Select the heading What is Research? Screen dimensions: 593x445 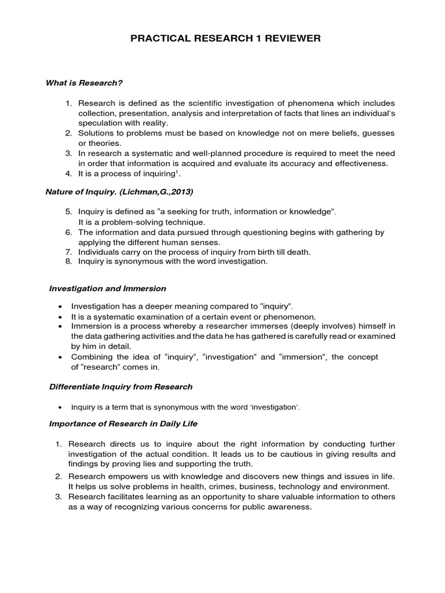(x=79, y=83)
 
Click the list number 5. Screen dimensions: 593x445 (x=68, y=213)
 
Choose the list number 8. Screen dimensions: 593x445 (x=68, y=262)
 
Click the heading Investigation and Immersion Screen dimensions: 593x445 (x=108, y=288)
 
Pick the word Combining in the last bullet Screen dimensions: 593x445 (x=92, y=357)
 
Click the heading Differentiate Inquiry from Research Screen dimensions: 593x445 (x=121, y=386)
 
